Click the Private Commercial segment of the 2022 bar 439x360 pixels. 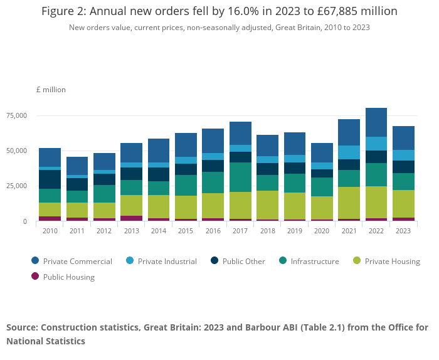click(x=376, y=122)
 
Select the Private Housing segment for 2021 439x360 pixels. click(x=349, y=203)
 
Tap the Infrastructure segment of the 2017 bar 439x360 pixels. click(x=240, y=177)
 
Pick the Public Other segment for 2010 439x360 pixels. click(x=50, y=179)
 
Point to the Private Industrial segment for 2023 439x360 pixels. click(x=403, y=155)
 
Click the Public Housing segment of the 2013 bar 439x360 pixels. click(x=131, y=218)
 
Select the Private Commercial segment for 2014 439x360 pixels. click(x=159, y=151)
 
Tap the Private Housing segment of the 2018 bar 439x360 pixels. click(x=267, y=205)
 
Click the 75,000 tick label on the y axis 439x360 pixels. click(x=16, y=115)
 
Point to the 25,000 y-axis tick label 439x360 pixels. click(x=16, y=186)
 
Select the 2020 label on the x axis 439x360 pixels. click(x=322, y=230)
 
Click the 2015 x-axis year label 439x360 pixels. click(x=186, y=230)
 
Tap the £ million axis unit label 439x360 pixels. click(x=51, y=90)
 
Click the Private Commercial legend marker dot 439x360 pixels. click(x=35, y=261)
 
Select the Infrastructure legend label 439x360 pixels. click(x=315, y=261)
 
